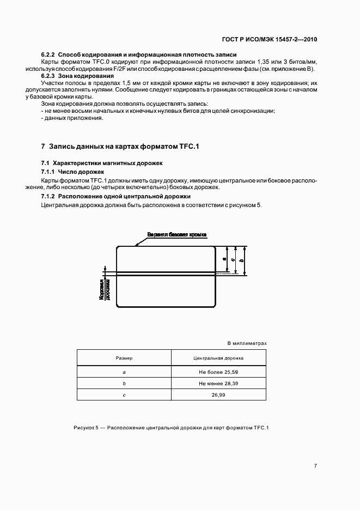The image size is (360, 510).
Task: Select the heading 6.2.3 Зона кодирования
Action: pos(77,76)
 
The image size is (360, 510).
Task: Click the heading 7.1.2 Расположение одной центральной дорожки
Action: pos(115,196)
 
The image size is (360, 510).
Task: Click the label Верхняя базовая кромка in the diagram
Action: pos(176,234)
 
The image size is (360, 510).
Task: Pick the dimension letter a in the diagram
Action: pos(225,259)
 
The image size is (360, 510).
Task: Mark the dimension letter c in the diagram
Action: pos(233,260)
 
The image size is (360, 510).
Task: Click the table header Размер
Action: pos(124,359)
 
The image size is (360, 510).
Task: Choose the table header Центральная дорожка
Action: pos(218,359)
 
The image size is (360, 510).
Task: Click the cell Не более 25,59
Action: pos(218,371)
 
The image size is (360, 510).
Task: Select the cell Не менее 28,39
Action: pos(218,384)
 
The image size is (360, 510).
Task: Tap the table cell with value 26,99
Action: pos(218,396)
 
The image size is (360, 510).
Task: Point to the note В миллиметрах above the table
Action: pos(246,343)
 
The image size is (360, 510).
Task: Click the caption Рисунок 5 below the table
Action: pos(171,428)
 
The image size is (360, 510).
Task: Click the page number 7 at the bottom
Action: pos(315,465)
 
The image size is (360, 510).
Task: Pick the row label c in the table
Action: pos(124,396)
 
